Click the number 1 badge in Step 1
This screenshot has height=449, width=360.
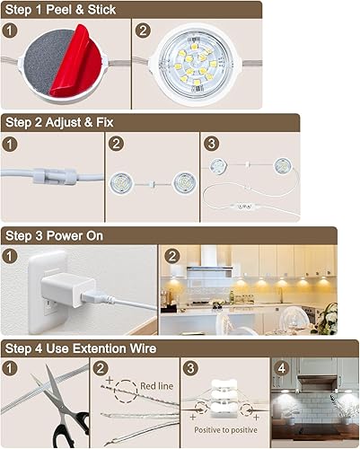pos(11,30)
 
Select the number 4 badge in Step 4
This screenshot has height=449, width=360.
pos(279,367)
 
